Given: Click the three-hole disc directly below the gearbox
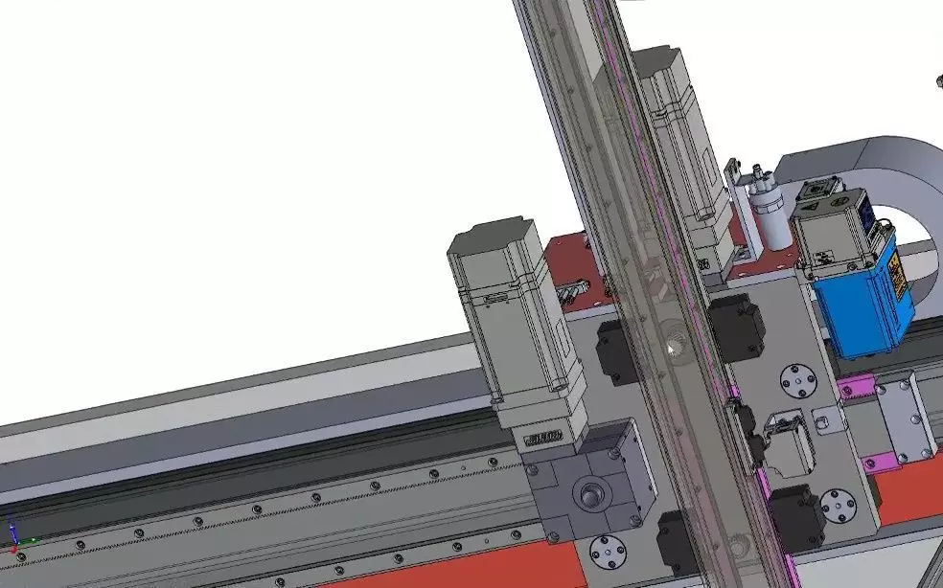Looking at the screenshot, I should pyautogui.click(x=607, y=553).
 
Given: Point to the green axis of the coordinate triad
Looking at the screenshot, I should pyautogui.click(x=29, y=542).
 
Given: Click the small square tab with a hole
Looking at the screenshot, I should pyautogui.click(x=821, y=418).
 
